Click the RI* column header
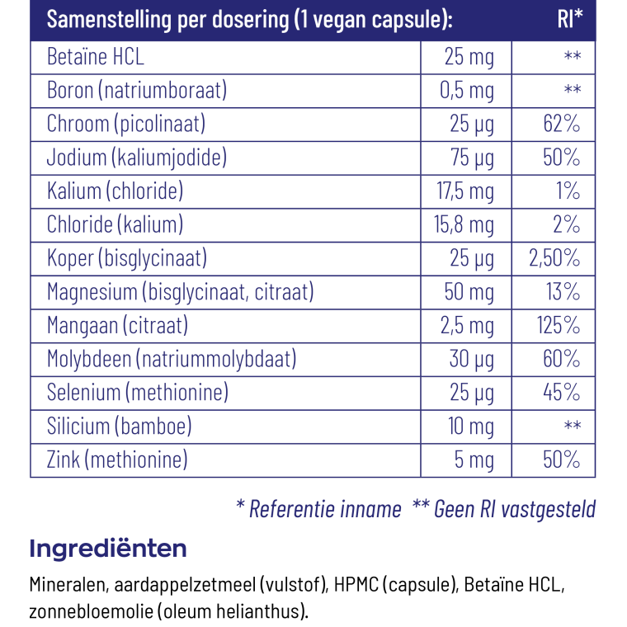point(570,19)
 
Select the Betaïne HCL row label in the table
point(95,56)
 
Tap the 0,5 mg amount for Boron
point(467,91)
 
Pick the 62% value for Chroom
point(562,124)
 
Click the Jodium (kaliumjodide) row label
point(137,158)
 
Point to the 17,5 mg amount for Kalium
point(465,191)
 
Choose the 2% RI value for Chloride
point(566,224)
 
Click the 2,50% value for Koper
point(554,258)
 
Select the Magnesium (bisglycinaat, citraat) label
point(181,292)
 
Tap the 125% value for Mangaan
point(559,325)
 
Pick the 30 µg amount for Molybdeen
point(471,359)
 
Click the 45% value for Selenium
point(562,392)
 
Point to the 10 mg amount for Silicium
point(470,427)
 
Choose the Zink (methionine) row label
point(117,460)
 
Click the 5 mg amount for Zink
point(474,460)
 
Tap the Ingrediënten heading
point(108,549)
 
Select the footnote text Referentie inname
point(325,509)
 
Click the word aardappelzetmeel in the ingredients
point(185,585)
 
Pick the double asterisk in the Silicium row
point(573,425)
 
